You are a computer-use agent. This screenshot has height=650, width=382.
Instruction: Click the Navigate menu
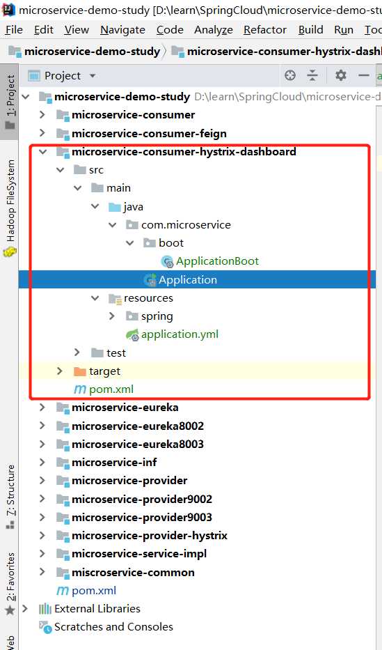tap(122, 30)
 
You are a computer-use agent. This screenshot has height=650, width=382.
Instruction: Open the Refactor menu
tap(265, 30)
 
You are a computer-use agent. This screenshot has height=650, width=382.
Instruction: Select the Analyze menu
tap(214, 30)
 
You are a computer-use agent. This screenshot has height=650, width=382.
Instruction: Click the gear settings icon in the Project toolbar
tap(341, 75)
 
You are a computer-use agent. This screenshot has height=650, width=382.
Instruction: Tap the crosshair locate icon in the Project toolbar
tap(290, 75)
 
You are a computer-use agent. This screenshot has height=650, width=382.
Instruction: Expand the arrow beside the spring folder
tap(112, 316)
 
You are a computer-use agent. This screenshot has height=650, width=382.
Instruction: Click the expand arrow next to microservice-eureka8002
tap(42, 426)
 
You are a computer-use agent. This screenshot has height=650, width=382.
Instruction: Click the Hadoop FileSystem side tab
tap(10, 208)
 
